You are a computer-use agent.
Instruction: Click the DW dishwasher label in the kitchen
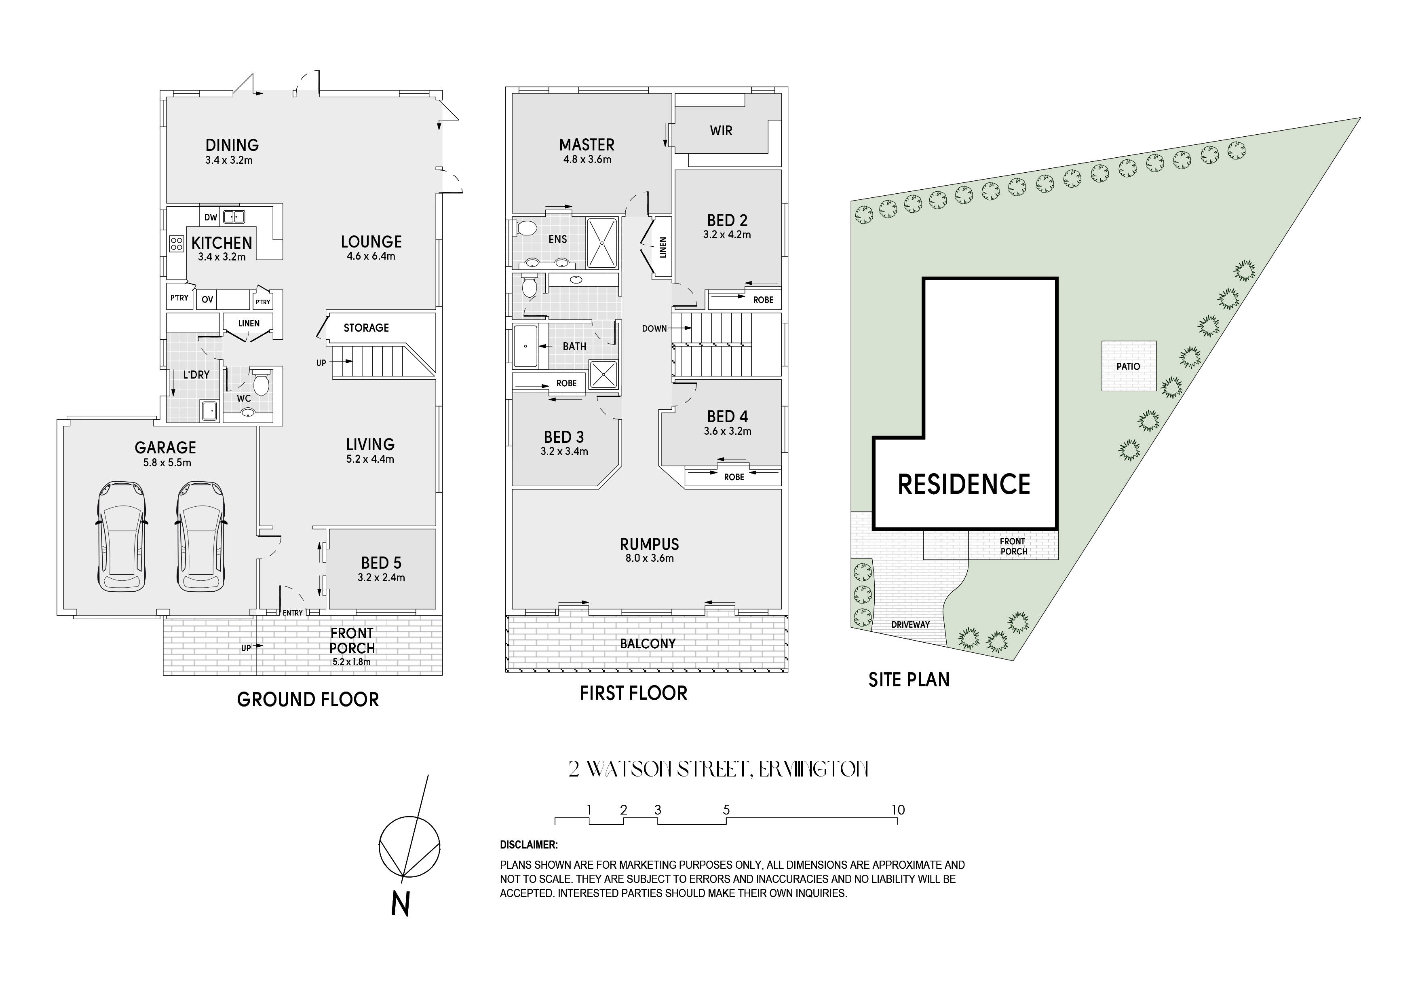click(211, 218)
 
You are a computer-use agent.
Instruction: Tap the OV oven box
click(207, 300)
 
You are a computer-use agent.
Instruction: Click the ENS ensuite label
click(558, 239)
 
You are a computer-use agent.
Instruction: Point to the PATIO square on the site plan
click(1128, 366)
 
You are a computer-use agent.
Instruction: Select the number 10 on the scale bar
click(898, 810)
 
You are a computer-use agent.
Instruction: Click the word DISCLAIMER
click(529, 845)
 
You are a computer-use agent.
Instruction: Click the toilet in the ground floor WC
click(261, 382)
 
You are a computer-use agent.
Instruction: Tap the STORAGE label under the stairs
click(366, 328)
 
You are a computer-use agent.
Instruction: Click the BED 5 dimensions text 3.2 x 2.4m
click(381, 578)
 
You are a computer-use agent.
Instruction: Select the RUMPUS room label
click(649, 544)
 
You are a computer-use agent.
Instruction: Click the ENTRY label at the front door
click(293, 613)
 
